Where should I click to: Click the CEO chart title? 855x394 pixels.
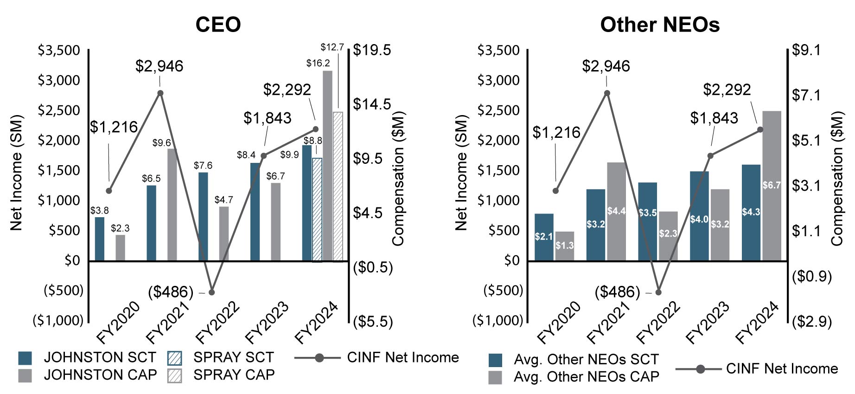point(218,24)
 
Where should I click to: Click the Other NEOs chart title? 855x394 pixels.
point(659,24)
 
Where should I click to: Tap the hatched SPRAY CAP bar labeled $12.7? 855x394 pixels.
point(338,186)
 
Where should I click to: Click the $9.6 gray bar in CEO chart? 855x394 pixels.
point(172,205)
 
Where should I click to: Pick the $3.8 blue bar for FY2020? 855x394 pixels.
point(100,239)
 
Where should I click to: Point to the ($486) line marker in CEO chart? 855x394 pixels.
point(212,292)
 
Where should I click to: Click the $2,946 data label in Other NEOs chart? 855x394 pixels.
point(606,66)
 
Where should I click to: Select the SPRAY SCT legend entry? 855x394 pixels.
point(221,357)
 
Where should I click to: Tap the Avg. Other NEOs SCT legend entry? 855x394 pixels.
point(574,360)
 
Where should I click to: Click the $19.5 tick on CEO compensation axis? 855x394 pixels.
point(372,50)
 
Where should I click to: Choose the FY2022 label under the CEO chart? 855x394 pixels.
point(218,323)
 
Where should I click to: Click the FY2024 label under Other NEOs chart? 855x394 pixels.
point(757,323)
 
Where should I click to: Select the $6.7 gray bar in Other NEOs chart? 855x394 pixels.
point(772,186)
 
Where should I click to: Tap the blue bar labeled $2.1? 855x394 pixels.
point(544,237)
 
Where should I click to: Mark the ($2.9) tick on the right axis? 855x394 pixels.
point(812,321)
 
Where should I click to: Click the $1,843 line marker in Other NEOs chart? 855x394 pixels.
point(710,155)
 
